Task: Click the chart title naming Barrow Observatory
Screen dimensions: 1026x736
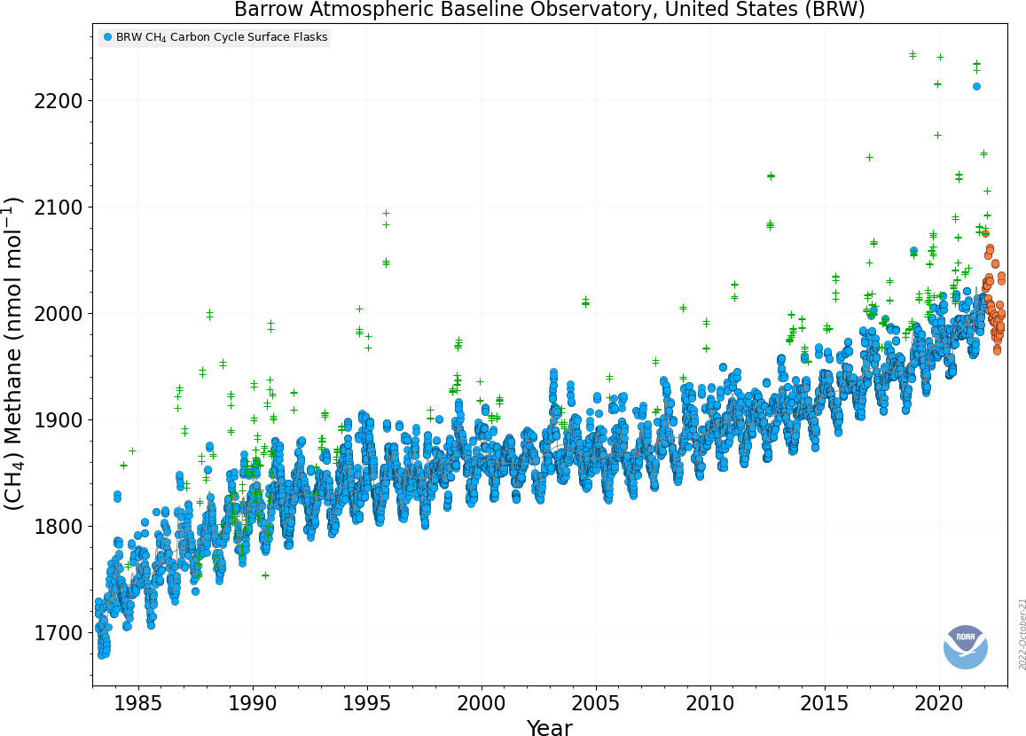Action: [550, 10]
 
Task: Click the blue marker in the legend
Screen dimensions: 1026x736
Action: [108, 37]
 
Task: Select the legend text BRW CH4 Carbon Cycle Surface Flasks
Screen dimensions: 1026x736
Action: [222, 37]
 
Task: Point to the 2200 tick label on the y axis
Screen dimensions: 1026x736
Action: [59, 101]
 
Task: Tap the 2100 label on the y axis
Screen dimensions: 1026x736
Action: [59, 207]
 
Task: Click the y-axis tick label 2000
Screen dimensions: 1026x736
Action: [59, 313]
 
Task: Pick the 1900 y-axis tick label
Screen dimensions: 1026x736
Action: [59, 420]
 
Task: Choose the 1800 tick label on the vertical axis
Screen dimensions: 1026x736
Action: [59, 527]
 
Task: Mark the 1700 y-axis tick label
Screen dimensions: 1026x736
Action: [59, 633]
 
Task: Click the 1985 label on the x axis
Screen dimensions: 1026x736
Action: [137, 703]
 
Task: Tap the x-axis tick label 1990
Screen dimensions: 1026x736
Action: [252, 703]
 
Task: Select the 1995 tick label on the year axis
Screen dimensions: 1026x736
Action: [366, 703]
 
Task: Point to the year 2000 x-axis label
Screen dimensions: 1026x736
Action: [481, 703]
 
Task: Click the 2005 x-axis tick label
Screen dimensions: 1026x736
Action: [595, 703]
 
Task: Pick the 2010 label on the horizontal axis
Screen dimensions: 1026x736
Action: [710, 703]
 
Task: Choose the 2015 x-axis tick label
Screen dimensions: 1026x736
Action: [825, 703]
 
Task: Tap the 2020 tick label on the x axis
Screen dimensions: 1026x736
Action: [939, 703]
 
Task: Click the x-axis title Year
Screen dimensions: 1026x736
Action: [550, 727]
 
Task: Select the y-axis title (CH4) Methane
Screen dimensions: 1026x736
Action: [13, 354]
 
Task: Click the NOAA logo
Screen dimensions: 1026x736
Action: [965, 647]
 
